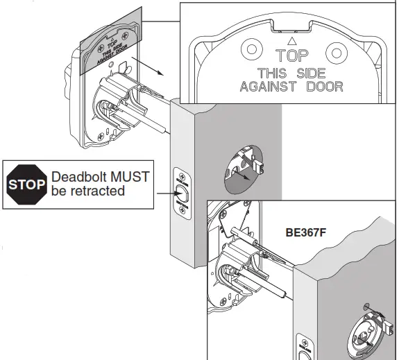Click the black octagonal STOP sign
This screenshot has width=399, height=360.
pos(26,185)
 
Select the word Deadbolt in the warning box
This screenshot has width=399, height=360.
pos(78,177)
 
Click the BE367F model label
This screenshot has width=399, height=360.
pos(306,234)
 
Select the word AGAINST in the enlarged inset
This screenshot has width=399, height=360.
pos(266,87)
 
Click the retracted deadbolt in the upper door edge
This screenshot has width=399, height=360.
pos(181,192)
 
